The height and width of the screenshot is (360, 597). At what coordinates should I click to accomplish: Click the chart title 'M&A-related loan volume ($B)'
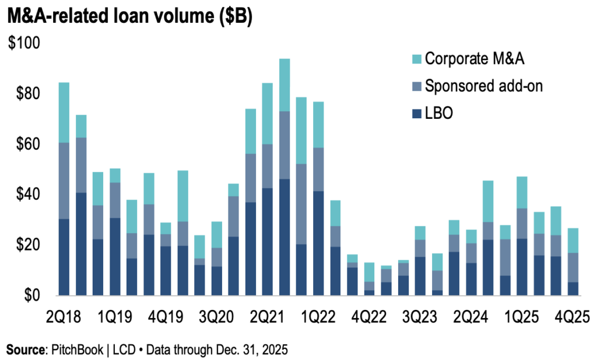[129, 17]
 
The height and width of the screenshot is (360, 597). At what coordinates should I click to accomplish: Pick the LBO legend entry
[439, 114]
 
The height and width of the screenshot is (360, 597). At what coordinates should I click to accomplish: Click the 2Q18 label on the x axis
[65, 316]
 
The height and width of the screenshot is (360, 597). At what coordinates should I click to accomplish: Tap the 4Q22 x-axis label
[369, 316]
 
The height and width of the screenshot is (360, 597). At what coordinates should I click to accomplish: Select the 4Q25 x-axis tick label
[573, 316]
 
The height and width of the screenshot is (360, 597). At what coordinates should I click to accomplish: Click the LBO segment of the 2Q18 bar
[64, 257]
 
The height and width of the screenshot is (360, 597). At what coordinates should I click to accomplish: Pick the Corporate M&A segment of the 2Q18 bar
[64, 112]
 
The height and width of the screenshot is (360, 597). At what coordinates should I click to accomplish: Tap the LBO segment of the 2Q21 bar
[268, 241]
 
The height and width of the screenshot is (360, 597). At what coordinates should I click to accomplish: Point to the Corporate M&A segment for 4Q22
[369, 272]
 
